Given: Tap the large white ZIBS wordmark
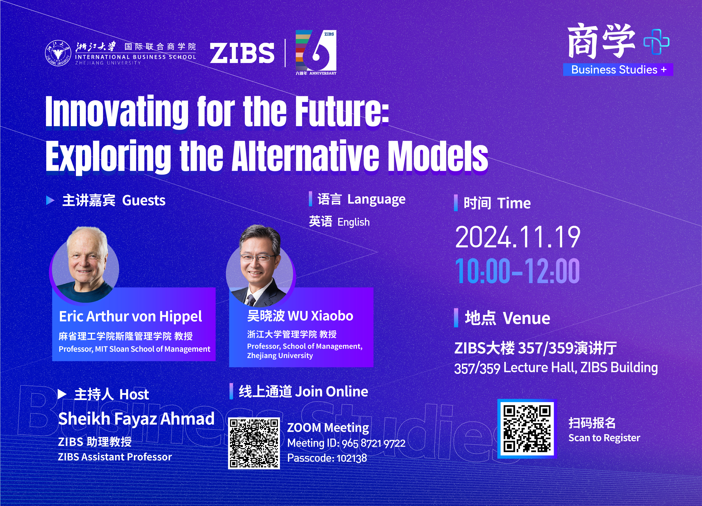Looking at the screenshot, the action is pyautogui.click(x=242, y=53).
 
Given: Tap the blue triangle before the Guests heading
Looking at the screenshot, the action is pyautogui.click(x=50, y=200).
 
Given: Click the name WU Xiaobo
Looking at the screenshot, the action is pyautogui.click(x=321, y=316).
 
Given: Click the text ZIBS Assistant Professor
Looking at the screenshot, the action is pyautogui.click(x=115, y=457).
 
